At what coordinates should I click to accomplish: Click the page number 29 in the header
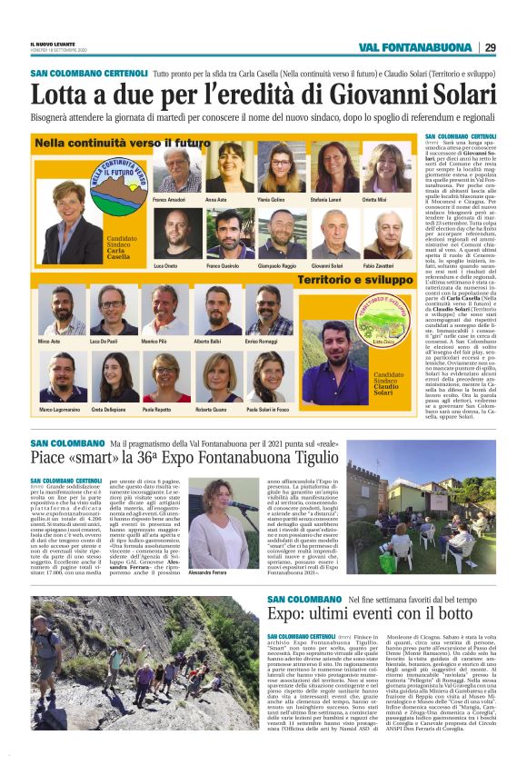click(x=489, y=47)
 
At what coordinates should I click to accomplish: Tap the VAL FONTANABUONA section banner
click(x=413, y=47)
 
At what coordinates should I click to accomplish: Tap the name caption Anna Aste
click(x=215, y=198)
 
